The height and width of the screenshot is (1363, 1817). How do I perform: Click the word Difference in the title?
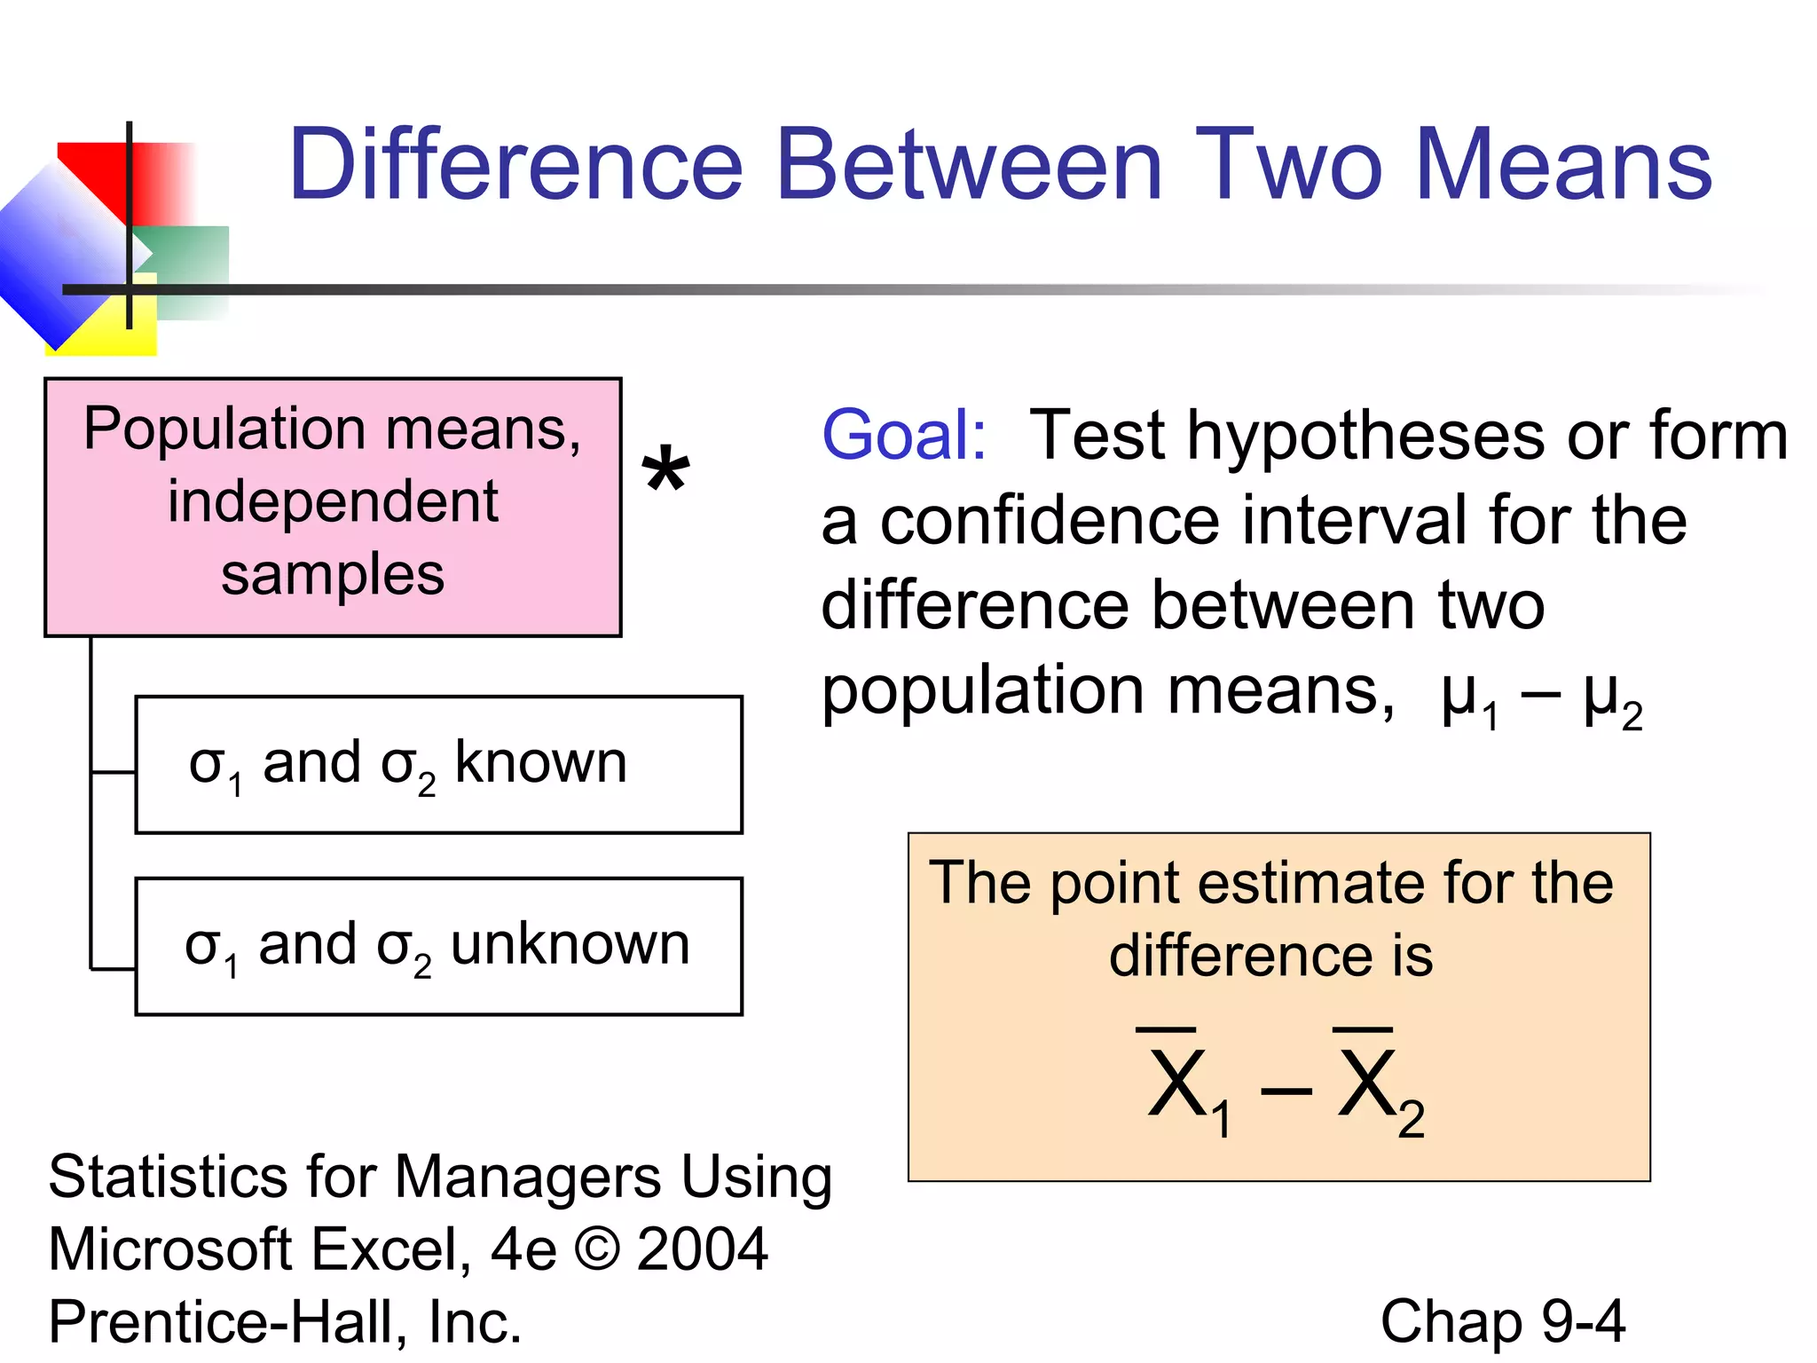pyautogui.click(x=515, y=165)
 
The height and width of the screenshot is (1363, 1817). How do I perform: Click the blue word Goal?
pyautogui.click(x=903, y=435)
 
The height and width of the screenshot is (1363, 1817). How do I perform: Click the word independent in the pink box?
pyautogui.click(x=333, y=502)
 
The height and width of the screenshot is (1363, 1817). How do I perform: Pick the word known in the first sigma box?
pyautogui.click(x=540, y=763)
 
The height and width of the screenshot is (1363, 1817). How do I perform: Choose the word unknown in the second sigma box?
pyautogui.click(x=570, y=944)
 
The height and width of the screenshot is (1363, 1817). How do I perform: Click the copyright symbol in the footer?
pyautogui.click(x=597, y=1249)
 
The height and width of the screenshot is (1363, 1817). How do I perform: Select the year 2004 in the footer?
pyautogui.click(x=702, y=1249)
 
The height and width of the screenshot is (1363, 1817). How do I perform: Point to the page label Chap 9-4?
pyautogui.click(x=1502, y=1321)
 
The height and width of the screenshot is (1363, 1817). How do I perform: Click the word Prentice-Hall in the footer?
pyautogui.click(x=225, y=1321)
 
